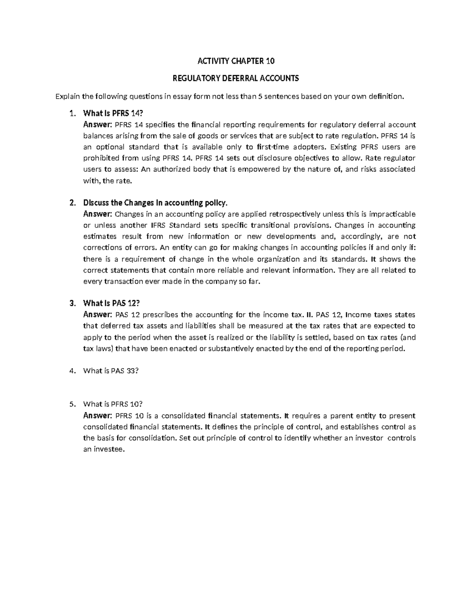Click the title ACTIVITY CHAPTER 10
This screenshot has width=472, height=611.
point(236,61)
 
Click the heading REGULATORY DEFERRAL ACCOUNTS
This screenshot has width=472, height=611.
point(236,78)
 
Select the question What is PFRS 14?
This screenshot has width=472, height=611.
point(111,114)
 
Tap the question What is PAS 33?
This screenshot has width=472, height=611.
point(111,371)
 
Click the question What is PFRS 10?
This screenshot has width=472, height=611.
point(112,404)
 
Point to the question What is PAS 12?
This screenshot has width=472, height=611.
point(111,303)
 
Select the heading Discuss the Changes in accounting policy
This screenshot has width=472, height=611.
point(155,203)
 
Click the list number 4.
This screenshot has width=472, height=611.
point(71,371)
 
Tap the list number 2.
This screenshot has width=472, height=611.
point(71,203)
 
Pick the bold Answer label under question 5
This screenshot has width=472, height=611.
point(98,416)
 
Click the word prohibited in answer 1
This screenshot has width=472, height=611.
point(100,158)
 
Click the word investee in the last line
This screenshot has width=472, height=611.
point(109,449)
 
